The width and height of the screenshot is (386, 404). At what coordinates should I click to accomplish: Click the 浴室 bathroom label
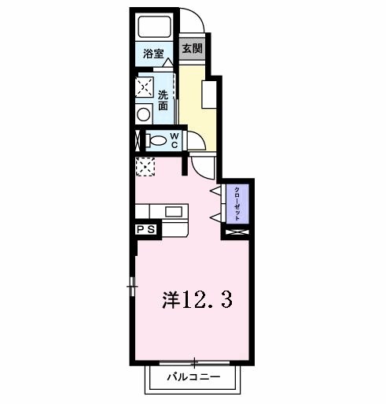pyautogui.click(x=153, y=54)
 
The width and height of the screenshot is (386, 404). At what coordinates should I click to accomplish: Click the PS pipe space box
pyautogui.click(x=147, y=229)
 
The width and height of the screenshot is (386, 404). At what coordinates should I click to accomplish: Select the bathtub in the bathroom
pyautogui.click(x=154, y=27)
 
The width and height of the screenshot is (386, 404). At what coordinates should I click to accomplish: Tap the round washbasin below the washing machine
pyautogui.click(x=143, y=113)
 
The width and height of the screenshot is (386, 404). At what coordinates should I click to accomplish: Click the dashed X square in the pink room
pyautogui.click(x=145, y=166)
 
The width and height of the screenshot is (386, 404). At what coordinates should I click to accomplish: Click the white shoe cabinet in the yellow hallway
pyautogui.click(x=209, y=95)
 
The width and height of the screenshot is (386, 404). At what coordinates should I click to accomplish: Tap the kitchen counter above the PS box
pyautogui.click(x=163, y=211)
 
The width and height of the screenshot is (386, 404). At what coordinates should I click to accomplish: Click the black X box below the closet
pyautogui.click(x=236, y=233)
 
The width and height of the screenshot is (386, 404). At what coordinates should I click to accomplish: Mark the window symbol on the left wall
pyautogui.click(x=131, y=284)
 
